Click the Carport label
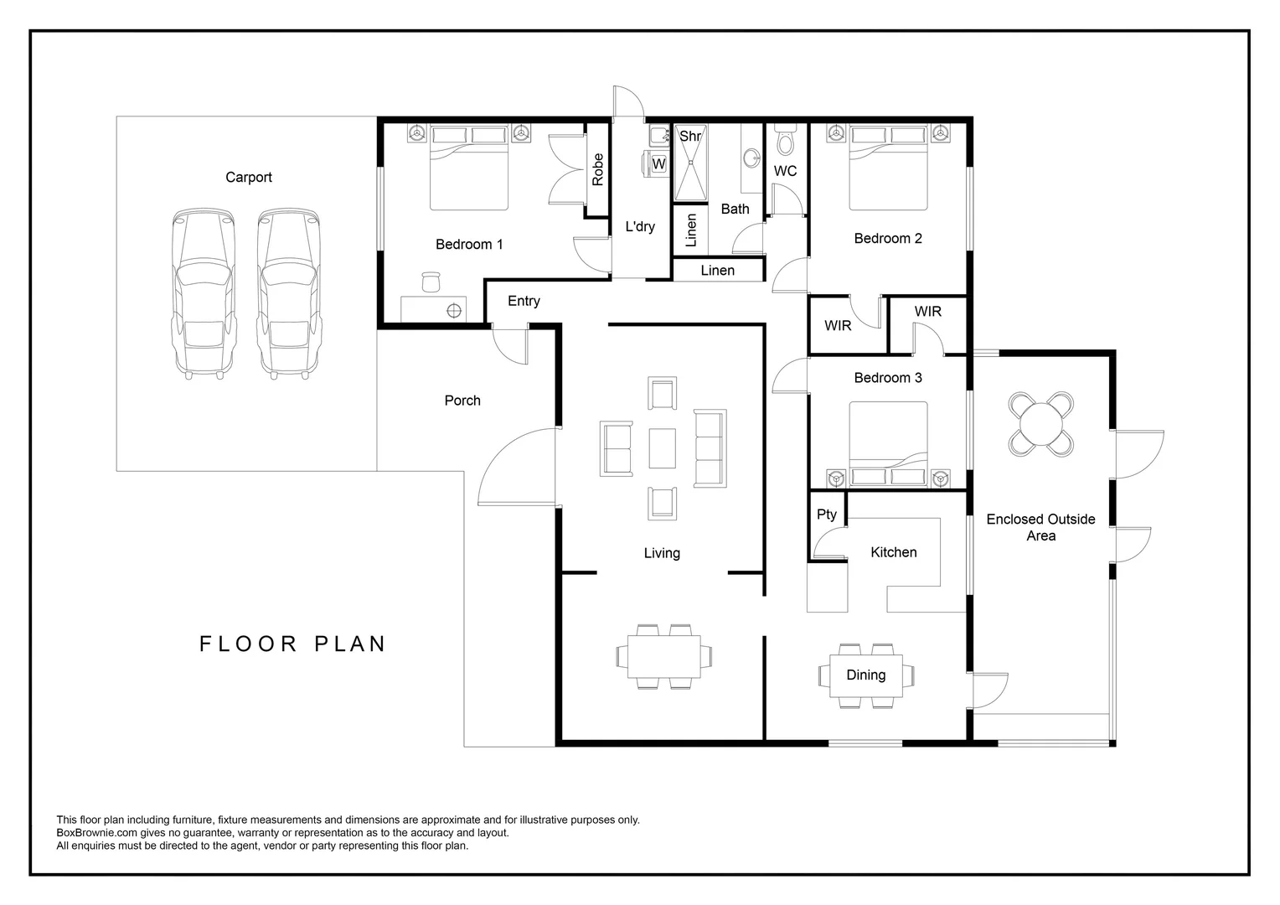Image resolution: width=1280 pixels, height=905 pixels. click(x=249, y=177)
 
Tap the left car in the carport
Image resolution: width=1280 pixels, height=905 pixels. click(x=204, y=294)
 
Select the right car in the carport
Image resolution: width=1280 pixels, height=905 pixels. click(x=288, y=294)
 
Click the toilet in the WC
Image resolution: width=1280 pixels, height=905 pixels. click(x=786, y=141)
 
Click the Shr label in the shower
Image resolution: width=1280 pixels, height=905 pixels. click(x=689, y=136)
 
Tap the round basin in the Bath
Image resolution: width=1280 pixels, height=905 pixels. click(x=752, y=158)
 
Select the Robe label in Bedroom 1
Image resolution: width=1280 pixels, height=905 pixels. click(x=598, y=169)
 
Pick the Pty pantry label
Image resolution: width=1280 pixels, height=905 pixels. click(x=826, y=515)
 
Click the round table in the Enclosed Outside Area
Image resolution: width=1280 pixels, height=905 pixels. click(x=1040, y=424)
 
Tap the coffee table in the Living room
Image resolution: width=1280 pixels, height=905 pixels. click(x=663, y=448)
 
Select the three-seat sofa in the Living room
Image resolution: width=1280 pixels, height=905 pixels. click(x=710, y=448)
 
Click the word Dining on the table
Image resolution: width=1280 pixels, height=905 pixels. click(x=865, y=675)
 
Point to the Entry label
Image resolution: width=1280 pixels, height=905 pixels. click(x=524, y=302)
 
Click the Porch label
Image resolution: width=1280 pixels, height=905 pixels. click(x=462, y=401)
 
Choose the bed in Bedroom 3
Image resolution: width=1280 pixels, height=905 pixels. click(x=889, y=444)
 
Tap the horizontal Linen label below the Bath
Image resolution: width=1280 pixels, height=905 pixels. click(x=718, y=271)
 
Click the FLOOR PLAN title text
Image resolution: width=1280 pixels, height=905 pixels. click(x=292, y=644)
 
